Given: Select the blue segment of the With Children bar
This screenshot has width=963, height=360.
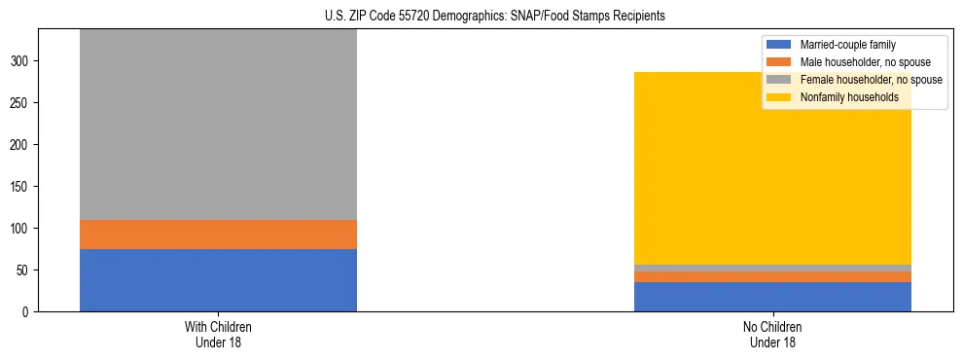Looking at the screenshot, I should click(218, 280).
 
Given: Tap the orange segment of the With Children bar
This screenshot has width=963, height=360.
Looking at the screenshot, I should click(218, 234).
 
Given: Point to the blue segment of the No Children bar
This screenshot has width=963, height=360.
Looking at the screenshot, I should click(772, 297).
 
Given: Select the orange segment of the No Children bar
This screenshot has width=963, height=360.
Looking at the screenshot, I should click(772, 277).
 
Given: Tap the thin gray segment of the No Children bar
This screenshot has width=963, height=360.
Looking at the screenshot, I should click(772, 269).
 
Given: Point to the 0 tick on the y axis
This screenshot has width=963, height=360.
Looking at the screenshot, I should click(29, 312).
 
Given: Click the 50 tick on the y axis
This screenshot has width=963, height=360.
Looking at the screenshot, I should click(26, 270).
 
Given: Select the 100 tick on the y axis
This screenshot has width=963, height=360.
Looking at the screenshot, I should click(23, 229).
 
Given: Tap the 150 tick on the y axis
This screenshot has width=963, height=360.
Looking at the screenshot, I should click(23, 187).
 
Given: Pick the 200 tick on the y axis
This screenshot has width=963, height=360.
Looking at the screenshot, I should click(23, 145).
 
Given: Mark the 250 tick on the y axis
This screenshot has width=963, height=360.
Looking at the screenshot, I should click(23, 103).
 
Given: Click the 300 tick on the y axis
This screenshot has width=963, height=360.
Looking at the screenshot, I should click(23, 61).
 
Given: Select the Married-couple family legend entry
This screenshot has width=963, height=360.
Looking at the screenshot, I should click(847, 45).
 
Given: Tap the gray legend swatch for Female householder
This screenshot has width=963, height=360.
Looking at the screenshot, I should click(779, 80).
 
